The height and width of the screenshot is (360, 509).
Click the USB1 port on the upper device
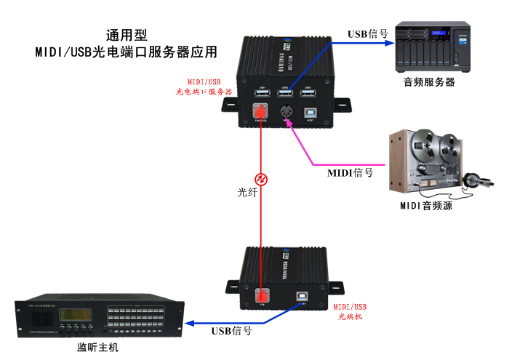click(262, 93)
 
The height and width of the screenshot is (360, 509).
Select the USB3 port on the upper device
click(308, 93)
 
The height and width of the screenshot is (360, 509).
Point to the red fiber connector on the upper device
click(260, 111)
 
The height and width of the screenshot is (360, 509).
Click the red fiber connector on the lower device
click(262, 296)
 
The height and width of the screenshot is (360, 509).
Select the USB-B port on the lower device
click(300, 297)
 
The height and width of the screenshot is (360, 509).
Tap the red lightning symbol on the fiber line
click(260, 178)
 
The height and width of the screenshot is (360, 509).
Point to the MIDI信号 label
click(350, 172)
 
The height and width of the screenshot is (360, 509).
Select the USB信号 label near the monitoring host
click(231, 331)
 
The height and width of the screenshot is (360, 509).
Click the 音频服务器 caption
click(430, 82)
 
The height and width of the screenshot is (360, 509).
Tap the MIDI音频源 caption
click(426, 206)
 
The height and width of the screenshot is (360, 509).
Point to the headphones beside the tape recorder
click(473, 180)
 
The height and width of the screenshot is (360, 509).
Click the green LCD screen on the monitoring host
click(76, 318)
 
